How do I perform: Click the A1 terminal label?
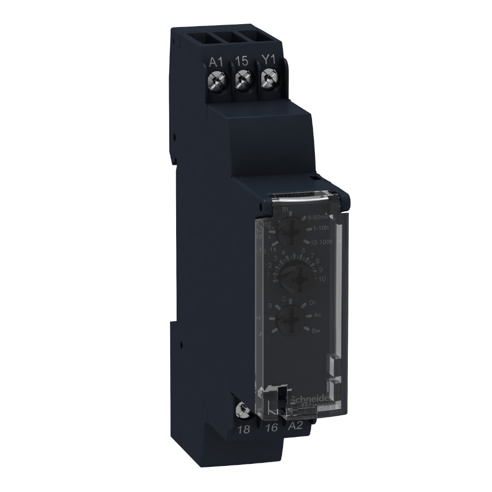click(x=216, y=61)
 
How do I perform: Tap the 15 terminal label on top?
click(x=241, y=61)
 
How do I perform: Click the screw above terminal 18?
click(x=242, y=408)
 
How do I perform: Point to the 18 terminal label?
click(x=244, y=429)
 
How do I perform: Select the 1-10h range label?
click(x=323, y=229)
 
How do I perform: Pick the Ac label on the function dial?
click(x=317, y=315)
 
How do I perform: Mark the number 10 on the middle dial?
click(x=322, y=279)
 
